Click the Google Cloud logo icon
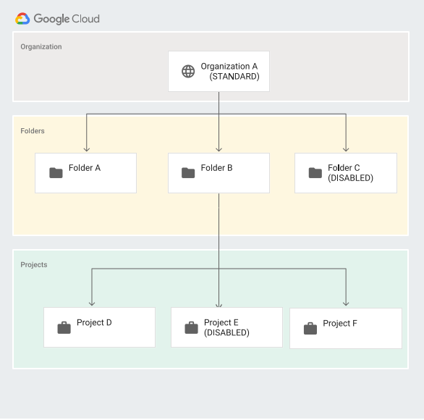click(x=22, y=19)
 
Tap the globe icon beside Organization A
click(x=188, y=72)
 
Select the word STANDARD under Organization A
click(x=234, y=77)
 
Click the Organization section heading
click(x=41, y=47)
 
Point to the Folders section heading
click(x=33, y=131)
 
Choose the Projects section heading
click(x=34, y=265)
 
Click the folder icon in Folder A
click(x=56, y=172)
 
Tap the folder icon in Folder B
click(x=188, y=172)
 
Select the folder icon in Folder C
click(x=315, y=172)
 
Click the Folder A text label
click(x=85, y=168)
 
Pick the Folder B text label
click(x=217, y=168)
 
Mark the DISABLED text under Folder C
click(x=351, y=178)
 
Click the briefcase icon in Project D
click(x=64, y=328)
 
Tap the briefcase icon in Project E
click(x=191, y=328)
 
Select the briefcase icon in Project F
click(x=310, y=329)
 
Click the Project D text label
click(x=95, y=323)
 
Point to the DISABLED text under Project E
click(x=226, y=333)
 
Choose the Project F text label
click(x=340, y=324)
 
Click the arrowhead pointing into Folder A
click(x=86, y=148)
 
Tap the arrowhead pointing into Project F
click(x=346, y=303)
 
